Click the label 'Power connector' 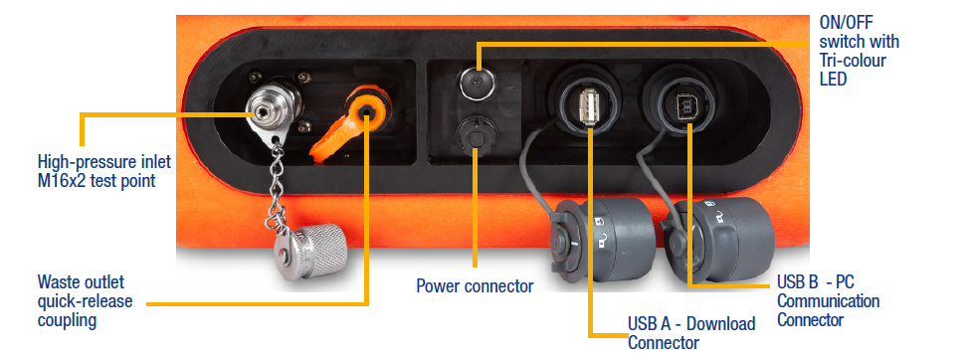(475, 286)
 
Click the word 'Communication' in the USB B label (829, 301)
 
